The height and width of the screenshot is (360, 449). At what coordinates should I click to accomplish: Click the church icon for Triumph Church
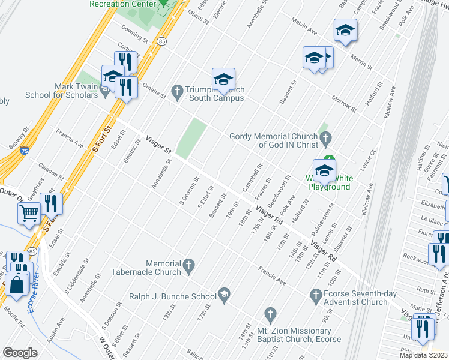tap(176, 90)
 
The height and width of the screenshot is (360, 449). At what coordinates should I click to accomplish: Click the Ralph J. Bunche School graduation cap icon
tap(224, 293)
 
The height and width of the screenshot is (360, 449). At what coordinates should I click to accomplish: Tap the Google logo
tap(20, 352)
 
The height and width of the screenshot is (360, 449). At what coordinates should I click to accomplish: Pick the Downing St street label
tap(134, 34)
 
